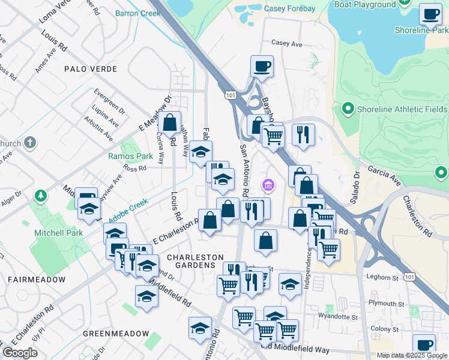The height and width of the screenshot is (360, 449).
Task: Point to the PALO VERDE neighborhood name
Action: [x=91, y=69]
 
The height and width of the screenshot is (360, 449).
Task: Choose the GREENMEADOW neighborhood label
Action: [x=116, y=334]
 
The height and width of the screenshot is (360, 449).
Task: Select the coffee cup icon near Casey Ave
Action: [x=262, y=66]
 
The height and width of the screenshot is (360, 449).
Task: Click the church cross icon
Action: [x=31, y=143]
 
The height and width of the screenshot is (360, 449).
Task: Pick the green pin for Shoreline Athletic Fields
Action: [x=347, y=109]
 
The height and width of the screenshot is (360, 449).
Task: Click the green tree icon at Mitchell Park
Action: [x=40, y=196]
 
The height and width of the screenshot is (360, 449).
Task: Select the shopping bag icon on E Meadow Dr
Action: [x=170, y=122]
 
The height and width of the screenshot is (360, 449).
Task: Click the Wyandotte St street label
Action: [x=338, y=316]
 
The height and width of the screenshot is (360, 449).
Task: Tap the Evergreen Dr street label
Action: [x=109, y=101]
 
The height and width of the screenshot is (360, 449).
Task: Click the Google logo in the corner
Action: [x=20, y=353]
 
